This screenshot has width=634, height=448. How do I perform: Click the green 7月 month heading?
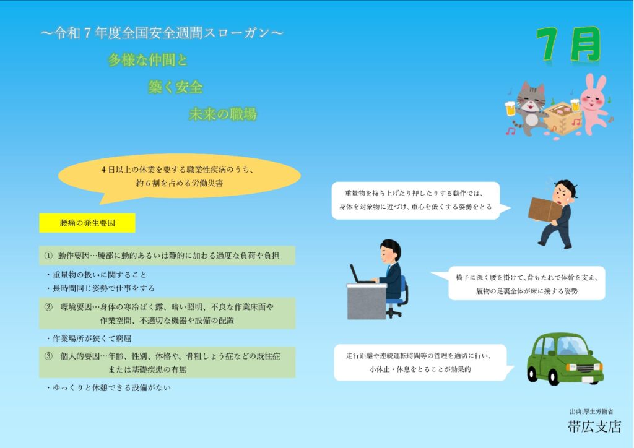pyautogui.click(x=568, y=45)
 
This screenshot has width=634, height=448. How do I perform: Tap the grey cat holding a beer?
pyautogui.click(x=526, y=108)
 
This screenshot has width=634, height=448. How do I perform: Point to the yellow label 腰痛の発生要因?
pyautogui.click(x=87, y=223)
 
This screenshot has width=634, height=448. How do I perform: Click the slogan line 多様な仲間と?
pyautogui.click(x=148, y=60)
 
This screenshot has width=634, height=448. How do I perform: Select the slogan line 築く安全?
pyautogui.click(x=175, y=87)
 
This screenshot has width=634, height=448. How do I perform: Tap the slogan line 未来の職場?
pyautogui.click(x=222, y=114)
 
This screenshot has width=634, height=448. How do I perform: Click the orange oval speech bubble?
pyautogui.click(x=180, y=178)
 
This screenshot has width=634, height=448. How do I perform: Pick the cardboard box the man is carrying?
pyautogui.click(x=545, y=209)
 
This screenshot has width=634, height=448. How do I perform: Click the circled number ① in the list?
pyautogui.click(x=48, y=256)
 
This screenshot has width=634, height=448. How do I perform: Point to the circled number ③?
pyautogui.click(x=48, y=356)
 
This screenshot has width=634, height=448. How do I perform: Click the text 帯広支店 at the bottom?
pyautogui.click(x=594, y=426)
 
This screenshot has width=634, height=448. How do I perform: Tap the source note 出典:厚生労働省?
pyautogui.click(x=591, y=411)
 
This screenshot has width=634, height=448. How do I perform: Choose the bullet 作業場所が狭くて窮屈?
pyautogui.click(x=89, y=338)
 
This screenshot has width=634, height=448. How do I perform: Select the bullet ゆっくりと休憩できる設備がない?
pyautogui.click(x=109, y=388)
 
